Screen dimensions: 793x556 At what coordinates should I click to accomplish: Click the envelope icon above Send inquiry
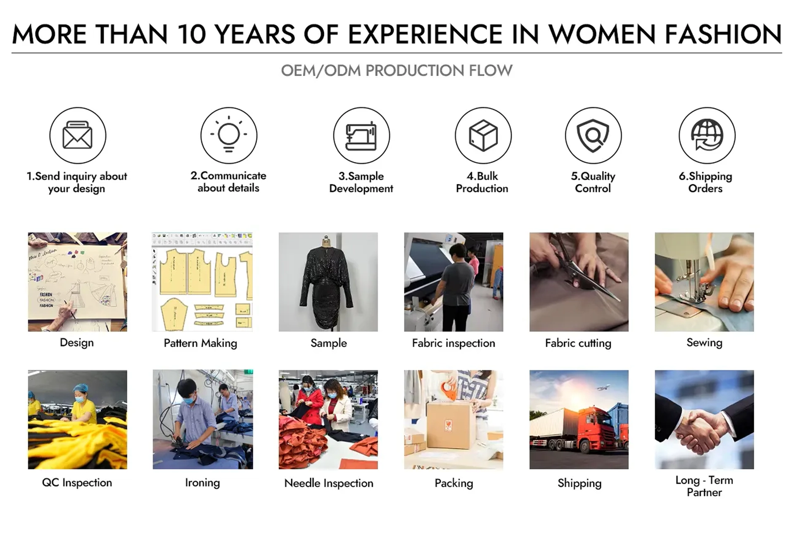(78, 135)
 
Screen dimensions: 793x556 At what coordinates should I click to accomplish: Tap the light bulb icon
(229, 135)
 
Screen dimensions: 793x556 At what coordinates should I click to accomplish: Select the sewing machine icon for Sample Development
(361, 135)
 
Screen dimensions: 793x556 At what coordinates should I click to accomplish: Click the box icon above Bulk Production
(483, 135)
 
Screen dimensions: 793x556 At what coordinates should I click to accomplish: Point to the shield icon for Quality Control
(593, 135)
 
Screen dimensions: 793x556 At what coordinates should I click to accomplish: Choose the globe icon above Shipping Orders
(707, 135)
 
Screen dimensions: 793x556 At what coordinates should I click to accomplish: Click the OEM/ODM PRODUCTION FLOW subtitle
(396, 71)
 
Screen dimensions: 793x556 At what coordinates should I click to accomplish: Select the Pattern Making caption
(200, 343)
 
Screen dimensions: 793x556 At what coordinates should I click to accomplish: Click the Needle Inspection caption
(329, 483)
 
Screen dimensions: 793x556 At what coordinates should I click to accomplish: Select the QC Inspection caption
(77, 482)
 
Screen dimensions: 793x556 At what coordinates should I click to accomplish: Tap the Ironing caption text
(202, 483)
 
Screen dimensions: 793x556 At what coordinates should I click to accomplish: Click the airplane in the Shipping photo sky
(603, 387)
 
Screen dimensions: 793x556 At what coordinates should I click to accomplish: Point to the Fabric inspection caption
(453, 343)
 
